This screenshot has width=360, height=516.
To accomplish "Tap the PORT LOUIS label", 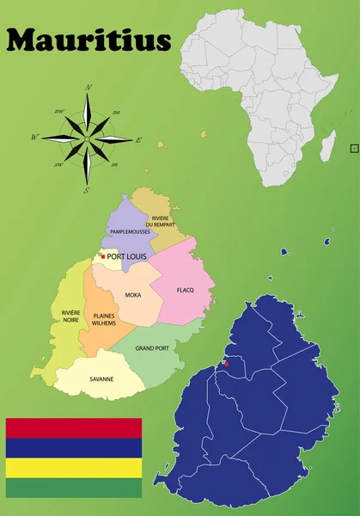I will [126, 256].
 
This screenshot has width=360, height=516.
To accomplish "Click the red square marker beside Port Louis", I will [103, 256].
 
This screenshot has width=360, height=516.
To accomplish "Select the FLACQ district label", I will [186, 290].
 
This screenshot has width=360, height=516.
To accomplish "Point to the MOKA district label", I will [133, 295].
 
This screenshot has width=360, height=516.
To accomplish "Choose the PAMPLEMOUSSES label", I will [130, 232].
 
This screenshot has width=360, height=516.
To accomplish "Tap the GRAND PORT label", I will [152, 348].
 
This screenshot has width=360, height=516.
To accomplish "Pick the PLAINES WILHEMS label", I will [104, 319].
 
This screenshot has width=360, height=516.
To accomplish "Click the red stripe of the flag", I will [73, 427].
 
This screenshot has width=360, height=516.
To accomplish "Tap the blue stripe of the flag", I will [73, 447].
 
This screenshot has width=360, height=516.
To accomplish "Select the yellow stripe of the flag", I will [73, 467].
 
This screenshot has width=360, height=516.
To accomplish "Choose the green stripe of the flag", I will [73, 488].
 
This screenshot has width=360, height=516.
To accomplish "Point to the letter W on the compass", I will [35, 137].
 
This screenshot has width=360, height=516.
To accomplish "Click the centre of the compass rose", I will [88, 138].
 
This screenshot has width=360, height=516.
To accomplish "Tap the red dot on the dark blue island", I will [227, 364].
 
